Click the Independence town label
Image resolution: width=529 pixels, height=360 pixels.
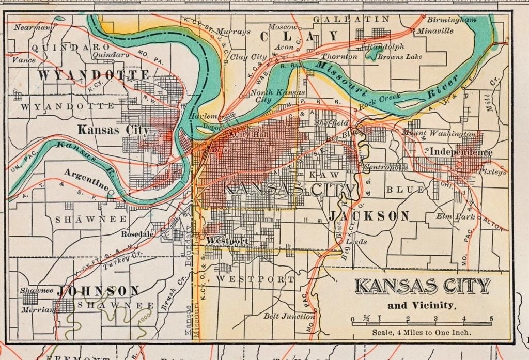pos(461,152)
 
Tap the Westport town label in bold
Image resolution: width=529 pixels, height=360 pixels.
pos(227,241)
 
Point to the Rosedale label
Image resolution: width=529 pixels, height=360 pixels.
pos(137,233)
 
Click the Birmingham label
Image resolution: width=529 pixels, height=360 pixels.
pos(452,20)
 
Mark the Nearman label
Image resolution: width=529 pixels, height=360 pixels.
pos(32,26)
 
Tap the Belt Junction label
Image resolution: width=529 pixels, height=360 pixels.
pos(289,316)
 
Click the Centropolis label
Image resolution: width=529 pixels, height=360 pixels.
pos(385,167)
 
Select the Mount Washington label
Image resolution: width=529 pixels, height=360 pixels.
pos(439,133)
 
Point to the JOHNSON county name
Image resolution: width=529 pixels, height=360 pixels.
pos(98,291)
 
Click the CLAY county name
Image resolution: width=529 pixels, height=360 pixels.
pos(299,36)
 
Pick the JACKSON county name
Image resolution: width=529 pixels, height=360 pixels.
pos(369,215)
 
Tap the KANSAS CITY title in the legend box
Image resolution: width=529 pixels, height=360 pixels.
pos(422,286)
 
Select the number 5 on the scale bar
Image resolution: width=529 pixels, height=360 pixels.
pos(491,318)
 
